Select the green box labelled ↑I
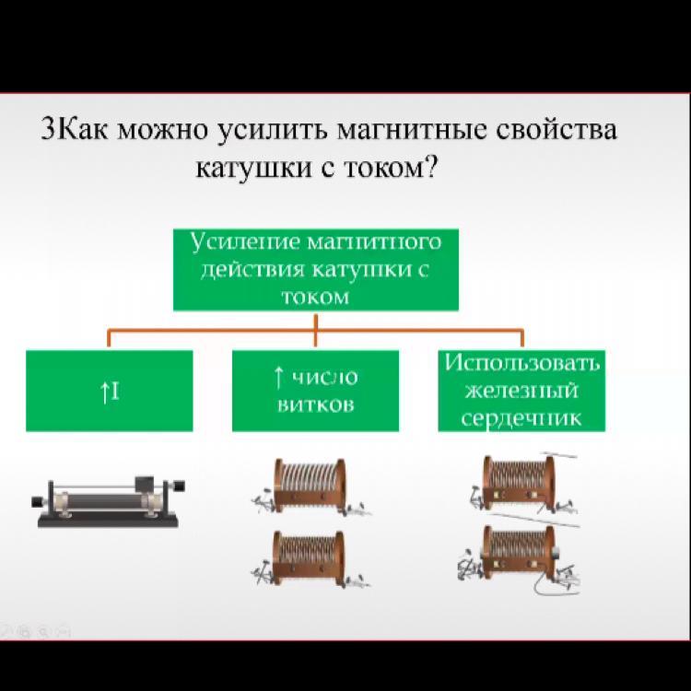pos(110,391)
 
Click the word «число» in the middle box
pos(325,377)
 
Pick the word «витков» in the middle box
pos(315,404)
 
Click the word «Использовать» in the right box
pos(522,363)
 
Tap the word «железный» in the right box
pos(521,391)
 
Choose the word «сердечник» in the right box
pos(521,417)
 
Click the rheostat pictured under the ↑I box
pos(108,501)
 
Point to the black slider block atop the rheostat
pos(145,484)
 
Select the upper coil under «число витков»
pos(310,487)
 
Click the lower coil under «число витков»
pos(310,558)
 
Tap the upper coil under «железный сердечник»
pos(521,483)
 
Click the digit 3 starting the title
pos(48,129)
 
